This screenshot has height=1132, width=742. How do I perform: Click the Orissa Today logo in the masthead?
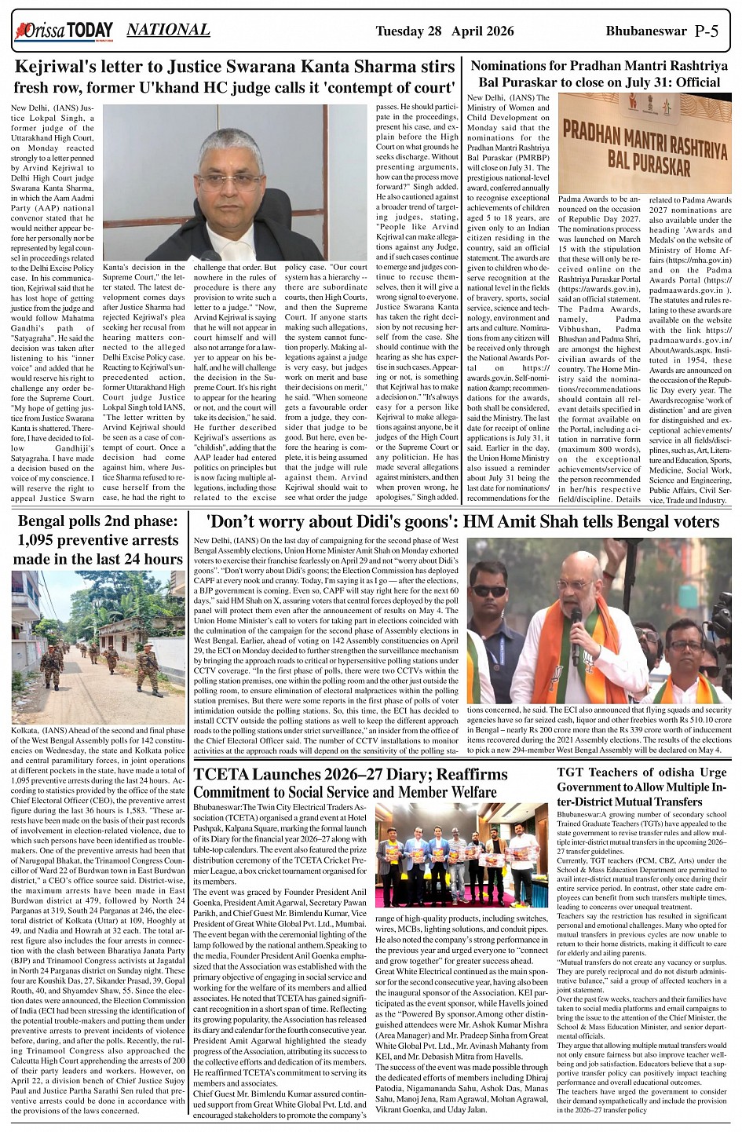63,31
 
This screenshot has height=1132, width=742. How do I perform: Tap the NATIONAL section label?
168,31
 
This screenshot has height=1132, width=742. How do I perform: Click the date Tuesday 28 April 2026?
444,31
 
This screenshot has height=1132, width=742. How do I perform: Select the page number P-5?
706,31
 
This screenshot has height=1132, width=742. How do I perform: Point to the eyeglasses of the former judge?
230,180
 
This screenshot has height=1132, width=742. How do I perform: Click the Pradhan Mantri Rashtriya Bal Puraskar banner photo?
645,143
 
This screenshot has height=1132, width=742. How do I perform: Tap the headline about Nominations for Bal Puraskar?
595,75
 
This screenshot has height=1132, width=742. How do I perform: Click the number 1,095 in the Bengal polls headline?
46,540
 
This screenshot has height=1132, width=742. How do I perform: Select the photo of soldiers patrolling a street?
98,647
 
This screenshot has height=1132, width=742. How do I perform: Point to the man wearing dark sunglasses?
488,591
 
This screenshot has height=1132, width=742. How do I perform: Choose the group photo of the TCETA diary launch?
462,854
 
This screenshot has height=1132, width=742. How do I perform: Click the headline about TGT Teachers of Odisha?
641,787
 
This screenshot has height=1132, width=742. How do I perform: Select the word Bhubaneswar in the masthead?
646,31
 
